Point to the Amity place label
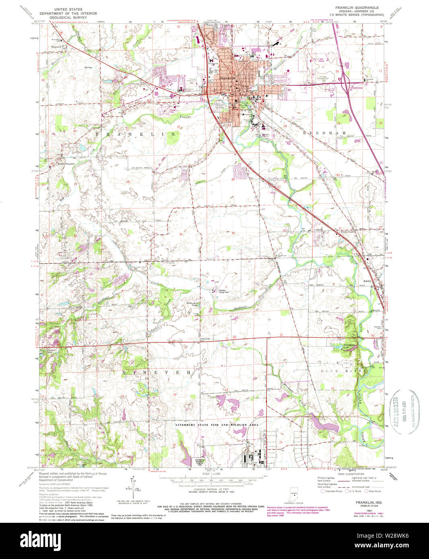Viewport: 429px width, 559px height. pyautogui.click(x=367, y=281)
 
